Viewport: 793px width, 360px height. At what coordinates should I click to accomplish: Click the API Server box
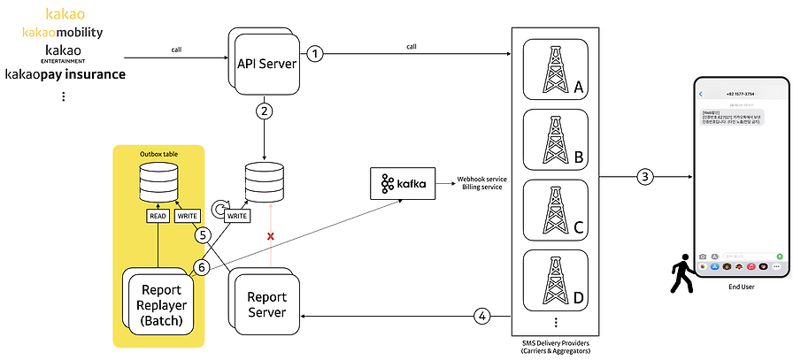[266, 63]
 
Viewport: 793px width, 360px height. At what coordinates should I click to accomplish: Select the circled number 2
[263, 111]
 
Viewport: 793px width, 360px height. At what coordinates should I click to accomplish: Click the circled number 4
[481, 314]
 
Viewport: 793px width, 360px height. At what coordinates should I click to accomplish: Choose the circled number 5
[203, 235]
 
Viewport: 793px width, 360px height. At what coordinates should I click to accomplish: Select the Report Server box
[266, 304]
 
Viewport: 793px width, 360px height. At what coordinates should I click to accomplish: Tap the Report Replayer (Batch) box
[160, 305]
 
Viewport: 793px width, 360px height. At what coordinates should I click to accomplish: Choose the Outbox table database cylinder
[160, 182]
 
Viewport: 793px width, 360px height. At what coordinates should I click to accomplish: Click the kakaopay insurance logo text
[65, 74]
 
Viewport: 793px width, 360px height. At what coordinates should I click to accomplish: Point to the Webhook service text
[481, 178]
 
